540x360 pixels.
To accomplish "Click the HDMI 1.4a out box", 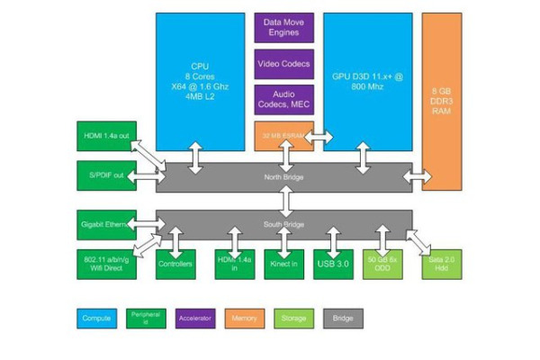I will click(106, 137).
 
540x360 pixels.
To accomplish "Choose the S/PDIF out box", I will click(106, 175).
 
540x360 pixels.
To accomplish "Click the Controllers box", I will click(175, 264).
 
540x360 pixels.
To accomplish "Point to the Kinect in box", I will click(284, 264).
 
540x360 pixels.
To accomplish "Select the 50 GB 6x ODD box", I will click(383, 264).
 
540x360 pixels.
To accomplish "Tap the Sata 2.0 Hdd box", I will click(441, 264).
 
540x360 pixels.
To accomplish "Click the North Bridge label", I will click(284, 177).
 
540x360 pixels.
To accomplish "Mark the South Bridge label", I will click(284, 224).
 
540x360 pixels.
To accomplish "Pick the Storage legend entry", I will click(293, 318).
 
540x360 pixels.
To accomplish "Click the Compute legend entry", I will click(96, 318).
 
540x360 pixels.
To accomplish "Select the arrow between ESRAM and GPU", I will click(319, 138).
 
